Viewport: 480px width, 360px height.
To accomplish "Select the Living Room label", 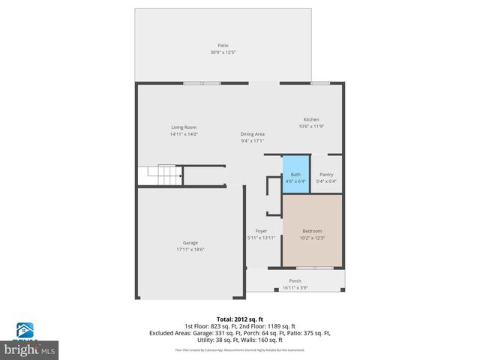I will [184, 127].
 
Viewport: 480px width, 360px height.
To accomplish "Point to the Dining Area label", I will [253, 133].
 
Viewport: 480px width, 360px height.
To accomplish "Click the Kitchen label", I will [311, 119].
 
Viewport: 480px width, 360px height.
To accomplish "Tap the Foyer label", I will [261, 230].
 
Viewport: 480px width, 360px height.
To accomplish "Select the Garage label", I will [190, 242].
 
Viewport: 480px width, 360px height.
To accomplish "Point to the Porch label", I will [295, 280].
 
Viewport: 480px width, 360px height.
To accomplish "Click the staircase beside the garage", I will [165, 175].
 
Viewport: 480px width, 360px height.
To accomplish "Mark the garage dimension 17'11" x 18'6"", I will [190, 250].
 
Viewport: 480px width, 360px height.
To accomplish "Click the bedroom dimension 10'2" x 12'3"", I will [313, 238].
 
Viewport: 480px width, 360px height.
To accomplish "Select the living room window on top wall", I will [202, 82].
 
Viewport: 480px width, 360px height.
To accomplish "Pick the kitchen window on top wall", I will [319, 82].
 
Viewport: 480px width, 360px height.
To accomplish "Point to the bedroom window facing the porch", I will [314, 267].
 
